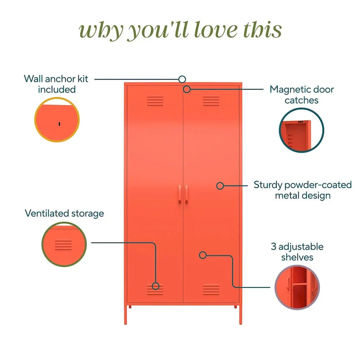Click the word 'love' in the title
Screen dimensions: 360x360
coord(216,30)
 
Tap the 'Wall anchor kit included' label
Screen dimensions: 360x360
coord(56,84)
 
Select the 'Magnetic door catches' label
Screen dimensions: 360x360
coord(301,94)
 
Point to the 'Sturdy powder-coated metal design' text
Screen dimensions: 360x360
coord(302,190)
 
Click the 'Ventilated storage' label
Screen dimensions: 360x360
coord(64,213)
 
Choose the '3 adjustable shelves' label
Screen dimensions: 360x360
coord(297,252)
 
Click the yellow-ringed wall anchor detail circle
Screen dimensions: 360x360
coord(57,120)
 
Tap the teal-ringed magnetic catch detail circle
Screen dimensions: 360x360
coord(301,130)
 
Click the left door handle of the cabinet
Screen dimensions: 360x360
coord(180,194)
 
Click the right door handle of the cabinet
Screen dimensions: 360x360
coord(186,194)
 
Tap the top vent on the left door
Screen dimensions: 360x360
coord(155,101)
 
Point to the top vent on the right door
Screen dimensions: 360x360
coord(211,101)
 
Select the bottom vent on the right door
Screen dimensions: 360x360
coord(211,289)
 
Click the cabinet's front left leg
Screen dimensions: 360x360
coord(126,315)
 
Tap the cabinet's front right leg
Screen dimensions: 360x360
coord(241,315)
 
